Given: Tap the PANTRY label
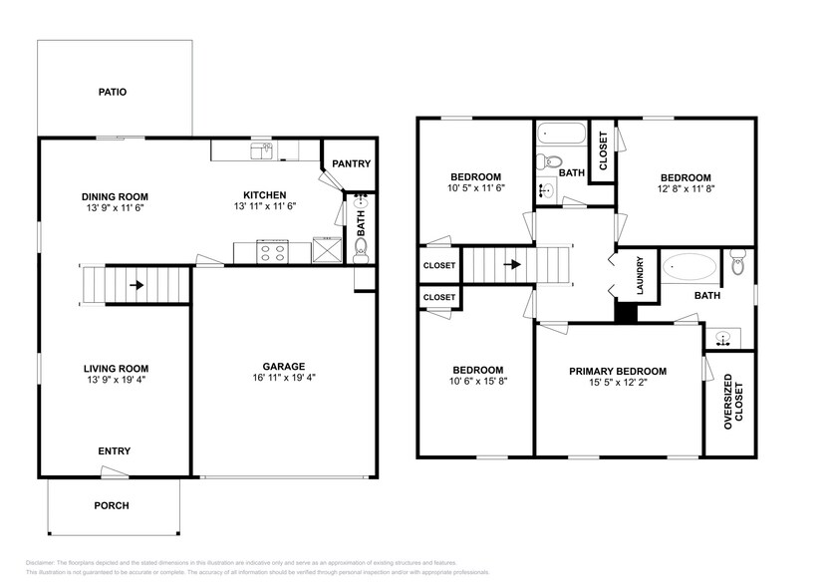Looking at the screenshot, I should point(351,164).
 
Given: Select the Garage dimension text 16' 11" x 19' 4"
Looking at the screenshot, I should point(284,379).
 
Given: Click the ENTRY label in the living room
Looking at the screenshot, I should point(114,451).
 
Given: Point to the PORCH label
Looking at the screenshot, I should point(112,505).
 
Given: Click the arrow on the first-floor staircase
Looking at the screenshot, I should point(136,285).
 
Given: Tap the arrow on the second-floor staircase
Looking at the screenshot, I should point(513,265).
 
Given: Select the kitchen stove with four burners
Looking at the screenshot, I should point(271,251).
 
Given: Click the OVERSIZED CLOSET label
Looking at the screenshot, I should point(734,401).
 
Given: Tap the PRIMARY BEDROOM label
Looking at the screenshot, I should point(618,371).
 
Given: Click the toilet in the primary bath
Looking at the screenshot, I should point(737,264).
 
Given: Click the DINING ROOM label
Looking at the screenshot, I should point(115,196).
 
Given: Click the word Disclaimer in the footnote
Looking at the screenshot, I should point(40,562).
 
